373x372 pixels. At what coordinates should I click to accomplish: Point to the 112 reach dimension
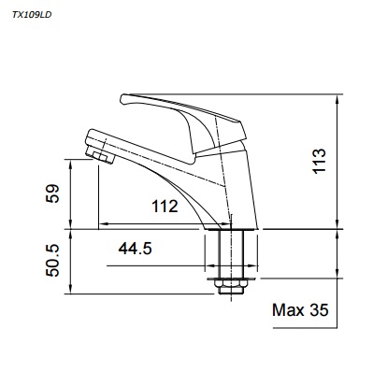165,207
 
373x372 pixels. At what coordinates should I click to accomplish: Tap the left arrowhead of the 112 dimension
103,224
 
